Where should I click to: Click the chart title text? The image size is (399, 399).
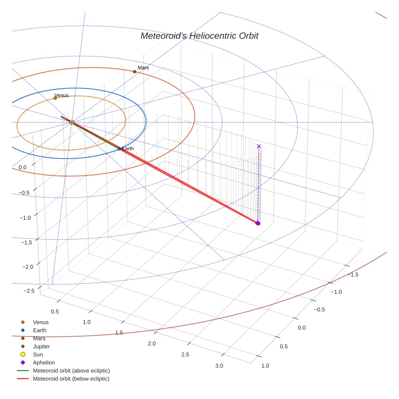click(199, 36)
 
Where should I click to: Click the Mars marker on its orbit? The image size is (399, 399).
click(135, 72)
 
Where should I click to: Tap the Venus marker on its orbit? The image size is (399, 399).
click(55, 98)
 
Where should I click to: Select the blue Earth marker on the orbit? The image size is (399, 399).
click(119, 149)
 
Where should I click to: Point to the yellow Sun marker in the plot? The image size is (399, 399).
click(72, 122)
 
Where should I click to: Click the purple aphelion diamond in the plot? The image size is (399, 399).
click(257, 223)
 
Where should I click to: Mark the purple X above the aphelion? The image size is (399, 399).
click(259, 146)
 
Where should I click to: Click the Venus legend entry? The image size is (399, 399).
click(41, 322)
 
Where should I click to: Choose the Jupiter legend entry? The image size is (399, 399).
click(41, 346)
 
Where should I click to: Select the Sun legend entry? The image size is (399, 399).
click(38, 354)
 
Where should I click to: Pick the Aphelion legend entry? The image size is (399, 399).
click(43, 363)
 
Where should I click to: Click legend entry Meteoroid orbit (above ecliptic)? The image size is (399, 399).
click(71, 371)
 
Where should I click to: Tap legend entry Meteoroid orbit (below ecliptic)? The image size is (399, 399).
click(71, 379)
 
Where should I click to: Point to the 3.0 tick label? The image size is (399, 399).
click(219, 366)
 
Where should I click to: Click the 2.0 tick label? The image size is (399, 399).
click(152, 344)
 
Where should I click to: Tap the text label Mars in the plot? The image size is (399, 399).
click(143, 68)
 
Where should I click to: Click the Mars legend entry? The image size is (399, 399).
click(39, 338)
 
